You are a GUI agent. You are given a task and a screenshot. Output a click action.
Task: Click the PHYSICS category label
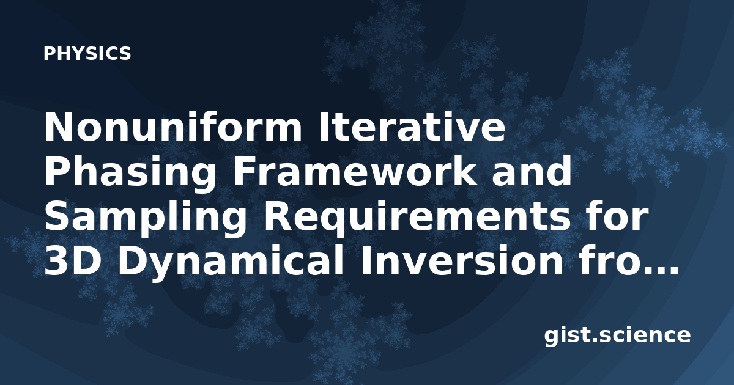(x=87, y=53)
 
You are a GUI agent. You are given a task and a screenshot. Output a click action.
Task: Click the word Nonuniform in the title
(x=173, y=127)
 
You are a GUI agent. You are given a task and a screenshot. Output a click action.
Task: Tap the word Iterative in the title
(x=412, y=127)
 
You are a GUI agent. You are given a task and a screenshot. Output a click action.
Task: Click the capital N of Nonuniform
(x=58, y=127)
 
